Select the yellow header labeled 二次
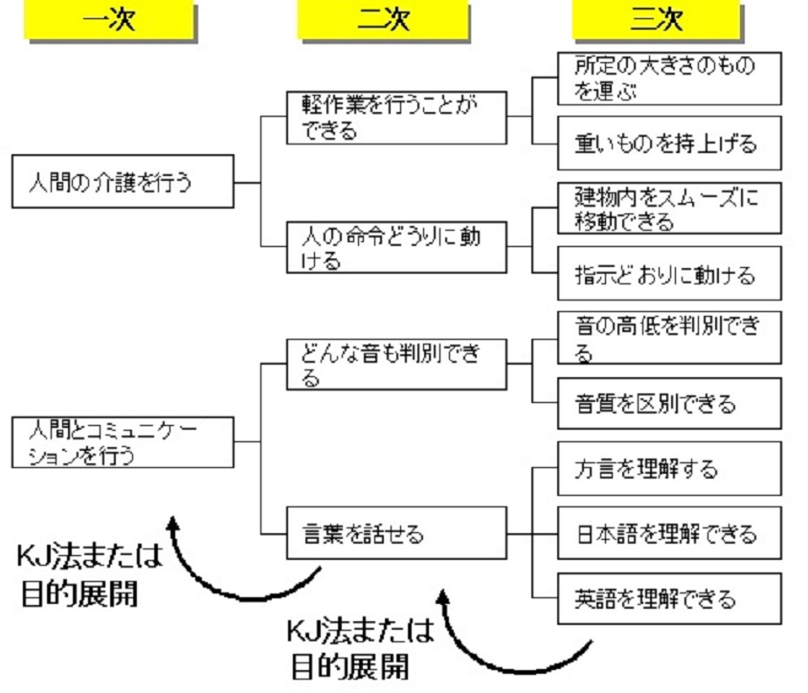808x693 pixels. click(x=382, y=21)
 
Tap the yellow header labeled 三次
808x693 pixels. click(x=656, y=21)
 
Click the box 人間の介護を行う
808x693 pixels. click(x=123, y=183)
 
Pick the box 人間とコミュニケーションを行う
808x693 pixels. click(x=123, y=441)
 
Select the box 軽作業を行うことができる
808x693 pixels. click(x=396, y=118)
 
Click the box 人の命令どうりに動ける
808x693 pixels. click(x=396, y=247)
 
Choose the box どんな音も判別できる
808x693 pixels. click(x=396, y=365)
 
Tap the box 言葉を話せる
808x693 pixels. click(x=396, y=533)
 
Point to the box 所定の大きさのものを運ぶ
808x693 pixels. click(x=669, y=78)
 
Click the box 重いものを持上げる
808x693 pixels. click(x=669, y=144)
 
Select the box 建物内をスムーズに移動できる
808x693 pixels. click(x=669, y=209)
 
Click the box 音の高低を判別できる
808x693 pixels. click(x=669, y=338)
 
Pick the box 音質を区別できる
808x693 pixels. click(x=669, y=403)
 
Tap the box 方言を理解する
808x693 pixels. click(x=669, y=469)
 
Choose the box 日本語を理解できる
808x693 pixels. click(x=669, y=533)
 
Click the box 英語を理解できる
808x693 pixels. click(x=669, y=599)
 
